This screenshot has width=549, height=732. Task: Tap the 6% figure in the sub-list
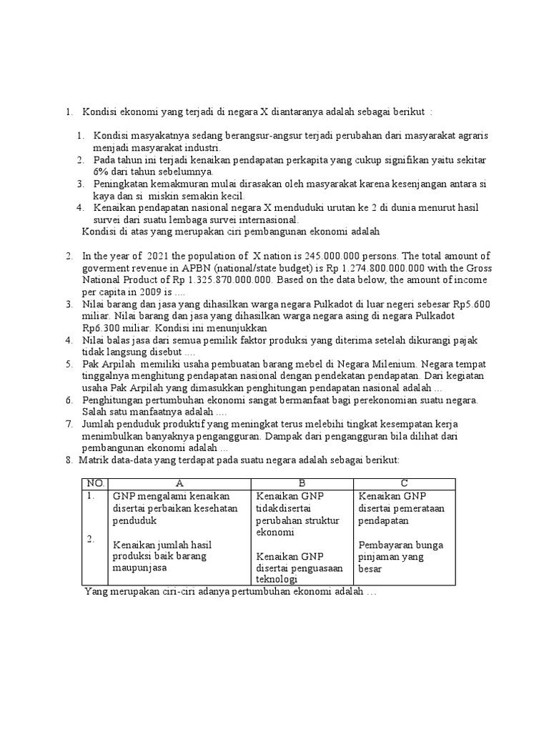click(x=99, y=172)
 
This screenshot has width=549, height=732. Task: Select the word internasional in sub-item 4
click(x=255, y=219)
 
